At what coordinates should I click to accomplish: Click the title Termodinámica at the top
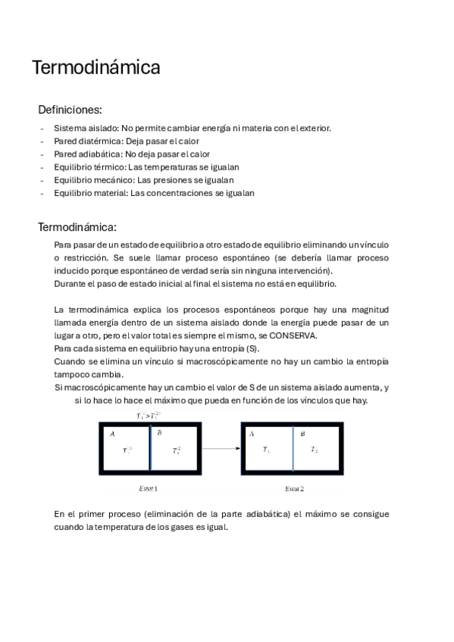pos(95,68)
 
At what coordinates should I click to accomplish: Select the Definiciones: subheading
pos(70,110)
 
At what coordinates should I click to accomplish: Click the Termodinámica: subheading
pos(77,227)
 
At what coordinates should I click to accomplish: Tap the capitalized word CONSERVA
pos(292,335)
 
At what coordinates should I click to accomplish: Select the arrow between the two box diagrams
pos(220,450)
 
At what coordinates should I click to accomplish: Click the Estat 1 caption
pos(149,488)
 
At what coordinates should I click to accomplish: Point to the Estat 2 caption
pos(293,488)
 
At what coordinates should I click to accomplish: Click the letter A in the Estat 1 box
pos(112,434)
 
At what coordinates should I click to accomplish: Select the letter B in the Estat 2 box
pos(302,434)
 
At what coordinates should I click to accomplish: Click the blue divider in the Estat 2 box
pos(293,449)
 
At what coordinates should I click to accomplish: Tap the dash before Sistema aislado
pos(42,128)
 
